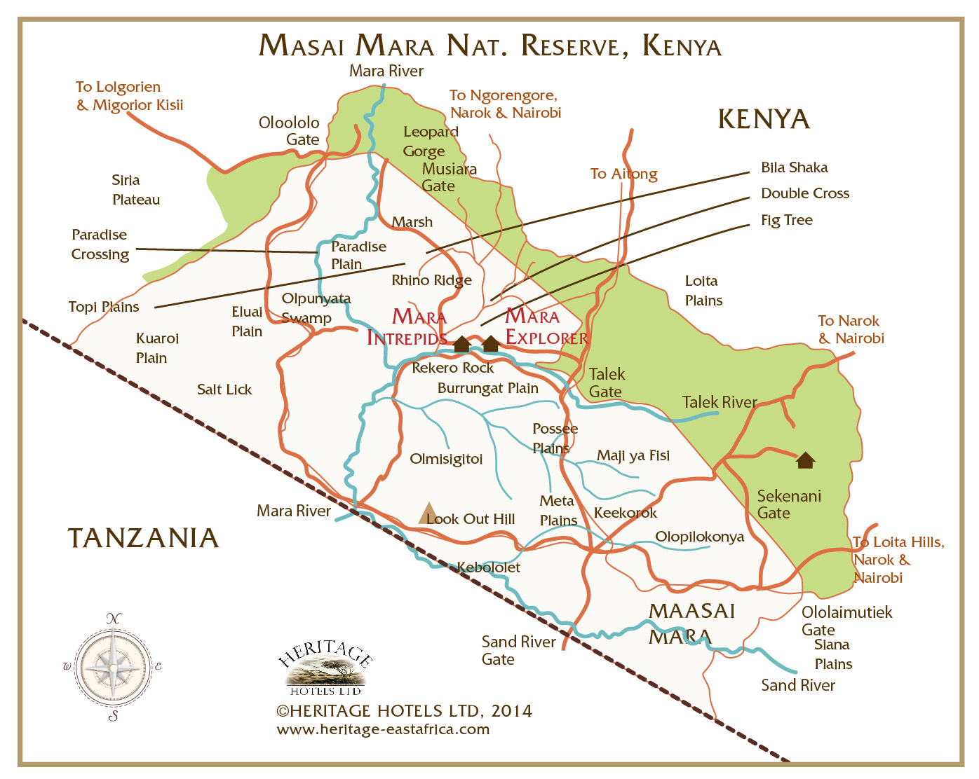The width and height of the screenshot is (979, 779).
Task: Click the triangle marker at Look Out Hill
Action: point(428,513)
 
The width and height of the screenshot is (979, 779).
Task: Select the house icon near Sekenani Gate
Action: point(805,460)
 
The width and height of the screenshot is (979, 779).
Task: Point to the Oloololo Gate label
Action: point(290,131)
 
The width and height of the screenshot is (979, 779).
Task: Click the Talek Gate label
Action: point(607,382)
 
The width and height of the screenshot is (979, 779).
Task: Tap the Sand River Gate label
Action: point(518,650)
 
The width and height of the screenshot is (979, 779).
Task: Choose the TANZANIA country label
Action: point(143,538)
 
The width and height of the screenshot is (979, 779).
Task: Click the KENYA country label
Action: point(764,119)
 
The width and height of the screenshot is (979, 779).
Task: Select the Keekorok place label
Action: point(625,513)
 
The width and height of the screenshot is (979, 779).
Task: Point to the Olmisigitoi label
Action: point(446,460)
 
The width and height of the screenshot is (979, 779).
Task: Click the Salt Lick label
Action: point(224,389)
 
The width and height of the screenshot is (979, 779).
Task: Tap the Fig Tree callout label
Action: point(786,220)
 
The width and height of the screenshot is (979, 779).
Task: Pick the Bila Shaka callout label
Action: point(794,167)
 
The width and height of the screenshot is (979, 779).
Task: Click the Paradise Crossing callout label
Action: point(100,244)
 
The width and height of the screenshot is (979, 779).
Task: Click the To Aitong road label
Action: point(623,174)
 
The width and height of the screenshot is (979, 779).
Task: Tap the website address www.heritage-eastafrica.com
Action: point(383,729)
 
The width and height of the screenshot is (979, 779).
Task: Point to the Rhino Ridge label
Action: point(431,280)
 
